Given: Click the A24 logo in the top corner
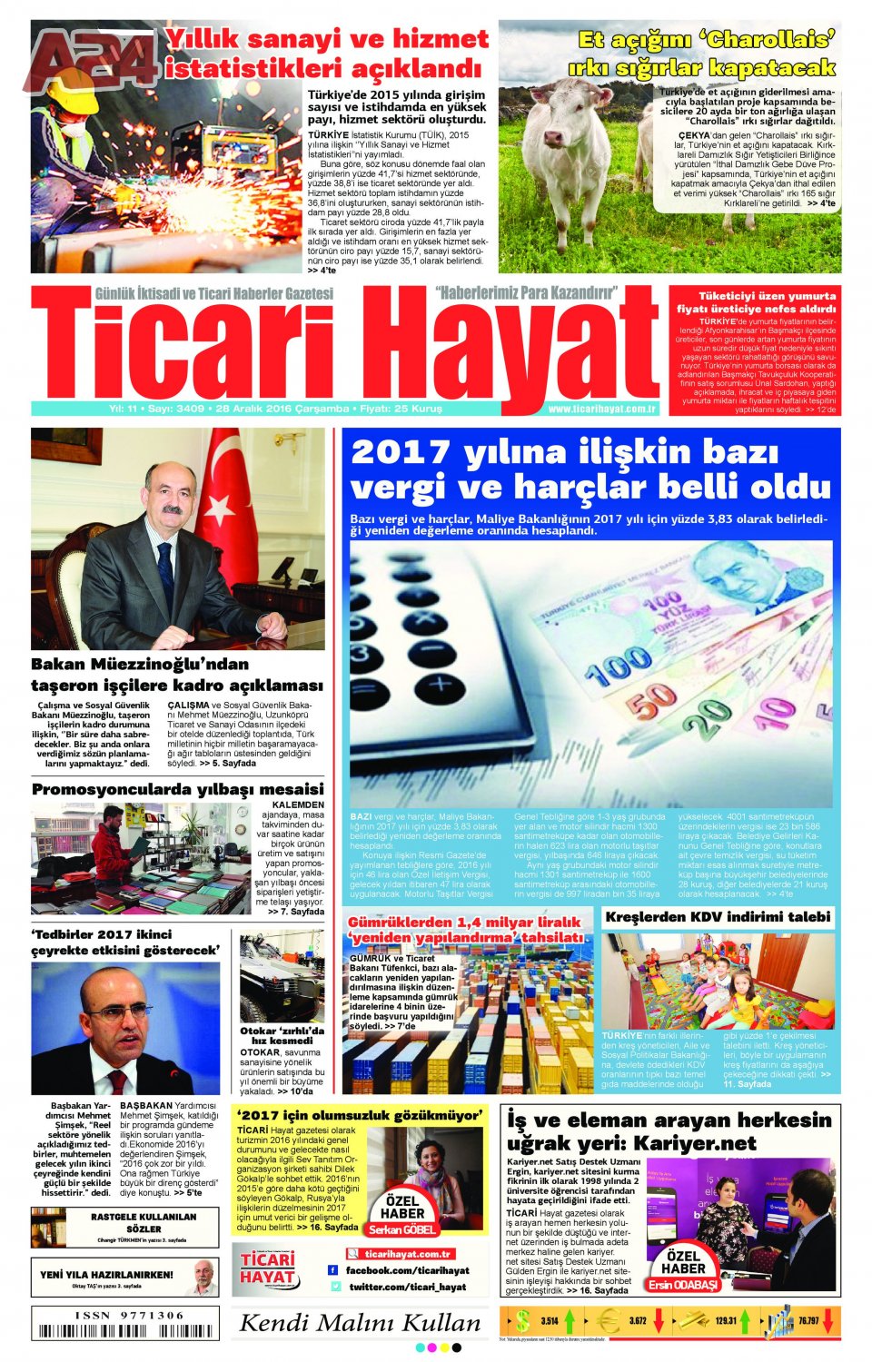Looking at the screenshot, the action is (x=91, y=61).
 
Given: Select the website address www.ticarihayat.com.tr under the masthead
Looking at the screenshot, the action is (x=601, y=410).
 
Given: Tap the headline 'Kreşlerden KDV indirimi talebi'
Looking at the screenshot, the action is (x=718, y=917).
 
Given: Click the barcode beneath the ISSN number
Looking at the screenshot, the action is (x=124, y=1332).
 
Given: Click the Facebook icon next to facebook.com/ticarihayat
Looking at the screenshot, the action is (x=333, y=1270).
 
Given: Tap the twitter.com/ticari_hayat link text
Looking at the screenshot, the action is (x=407, y=1287).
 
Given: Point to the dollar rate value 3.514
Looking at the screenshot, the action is (x=550, y=1321).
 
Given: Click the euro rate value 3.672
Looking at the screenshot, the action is (x=638, y=1321).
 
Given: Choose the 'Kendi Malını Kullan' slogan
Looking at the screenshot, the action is (x=360, y=1323).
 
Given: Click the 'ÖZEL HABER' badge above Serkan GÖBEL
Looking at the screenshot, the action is (x=402, y=1207).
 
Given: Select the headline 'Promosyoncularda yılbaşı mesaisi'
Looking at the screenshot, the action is (x=177, y=789).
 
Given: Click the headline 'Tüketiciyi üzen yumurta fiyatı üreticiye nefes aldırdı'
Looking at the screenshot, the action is (x=756, y=302).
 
